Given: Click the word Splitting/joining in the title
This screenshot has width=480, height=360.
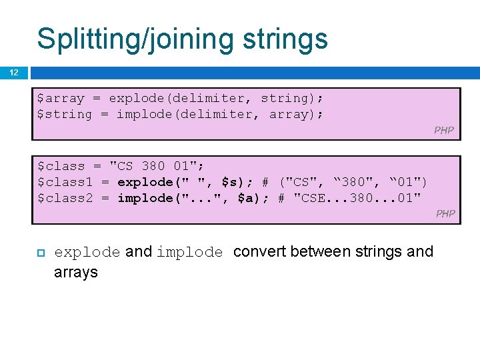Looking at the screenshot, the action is coord(133,39).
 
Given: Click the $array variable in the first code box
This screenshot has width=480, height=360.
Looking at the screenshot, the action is coord(61,99).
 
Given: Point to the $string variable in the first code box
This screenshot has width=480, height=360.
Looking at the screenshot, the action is coord(65,114).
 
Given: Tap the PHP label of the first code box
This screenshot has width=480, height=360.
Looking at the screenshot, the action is coord(443,130).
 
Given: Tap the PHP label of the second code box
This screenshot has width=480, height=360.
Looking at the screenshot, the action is coord(445,213).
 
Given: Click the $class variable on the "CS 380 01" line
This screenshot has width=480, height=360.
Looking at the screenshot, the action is coord(61,166).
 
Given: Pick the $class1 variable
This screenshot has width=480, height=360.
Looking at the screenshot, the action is coord(65,182).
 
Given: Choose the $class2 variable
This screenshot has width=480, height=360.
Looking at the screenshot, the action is coord(65,198).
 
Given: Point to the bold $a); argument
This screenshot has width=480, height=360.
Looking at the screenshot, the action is coord(253,198).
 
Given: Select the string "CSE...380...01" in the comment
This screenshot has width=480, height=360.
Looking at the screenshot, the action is coord(357,198).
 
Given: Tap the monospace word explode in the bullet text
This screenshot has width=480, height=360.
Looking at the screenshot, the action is coord(87,252).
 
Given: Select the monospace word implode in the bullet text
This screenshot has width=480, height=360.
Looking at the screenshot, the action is coord(189,252).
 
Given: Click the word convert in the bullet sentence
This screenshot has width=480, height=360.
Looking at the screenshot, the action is coord(260,252).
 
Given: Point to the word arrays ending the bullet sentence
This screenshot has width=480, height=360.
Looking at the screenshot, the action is coord(75,272).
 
